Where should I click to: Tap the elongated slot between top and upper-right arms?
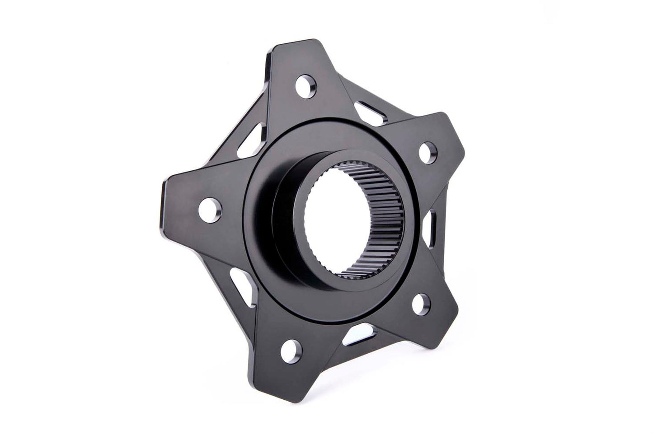coord(371,110)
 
